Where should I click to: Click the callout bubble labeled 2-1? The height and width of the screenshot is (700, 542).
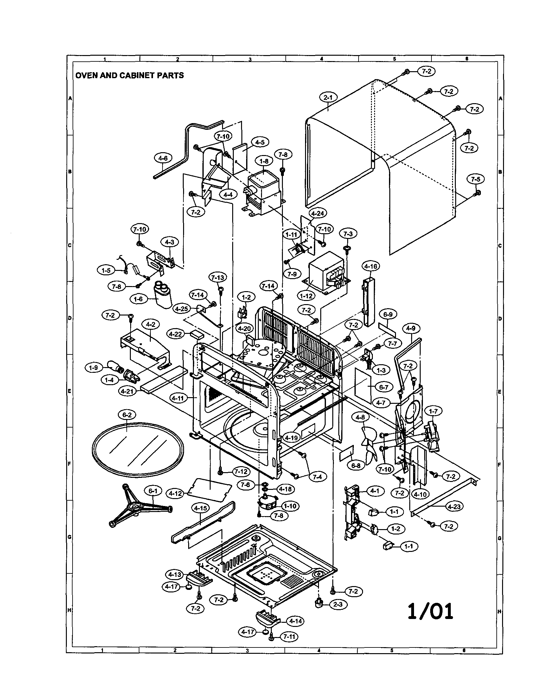point(328,97)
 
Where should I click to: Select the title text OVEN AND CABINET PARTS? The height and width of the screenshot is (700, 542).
point(129,76)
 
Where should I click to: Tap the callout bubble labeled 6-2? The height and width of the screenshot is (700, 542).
point(127,415)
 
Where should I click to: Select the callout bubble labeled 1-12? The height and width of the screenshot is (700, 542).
point(306,296)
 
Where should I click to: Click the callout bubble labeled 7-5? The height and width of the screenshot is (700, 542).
point(475,179)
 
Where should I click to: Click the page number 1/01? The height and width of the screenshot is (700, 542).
point(430,611)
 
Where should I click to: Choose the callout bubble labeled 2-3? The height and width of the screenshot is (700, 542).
point(338,604)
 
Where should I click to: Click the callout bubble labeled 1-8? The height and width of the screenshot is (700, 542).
point(264,161)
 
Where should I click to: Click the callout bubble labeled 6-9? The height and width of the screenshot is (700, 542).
point(388,315)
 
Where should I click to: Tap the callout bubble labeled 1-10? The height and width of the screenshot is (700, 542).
point(290,506)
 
